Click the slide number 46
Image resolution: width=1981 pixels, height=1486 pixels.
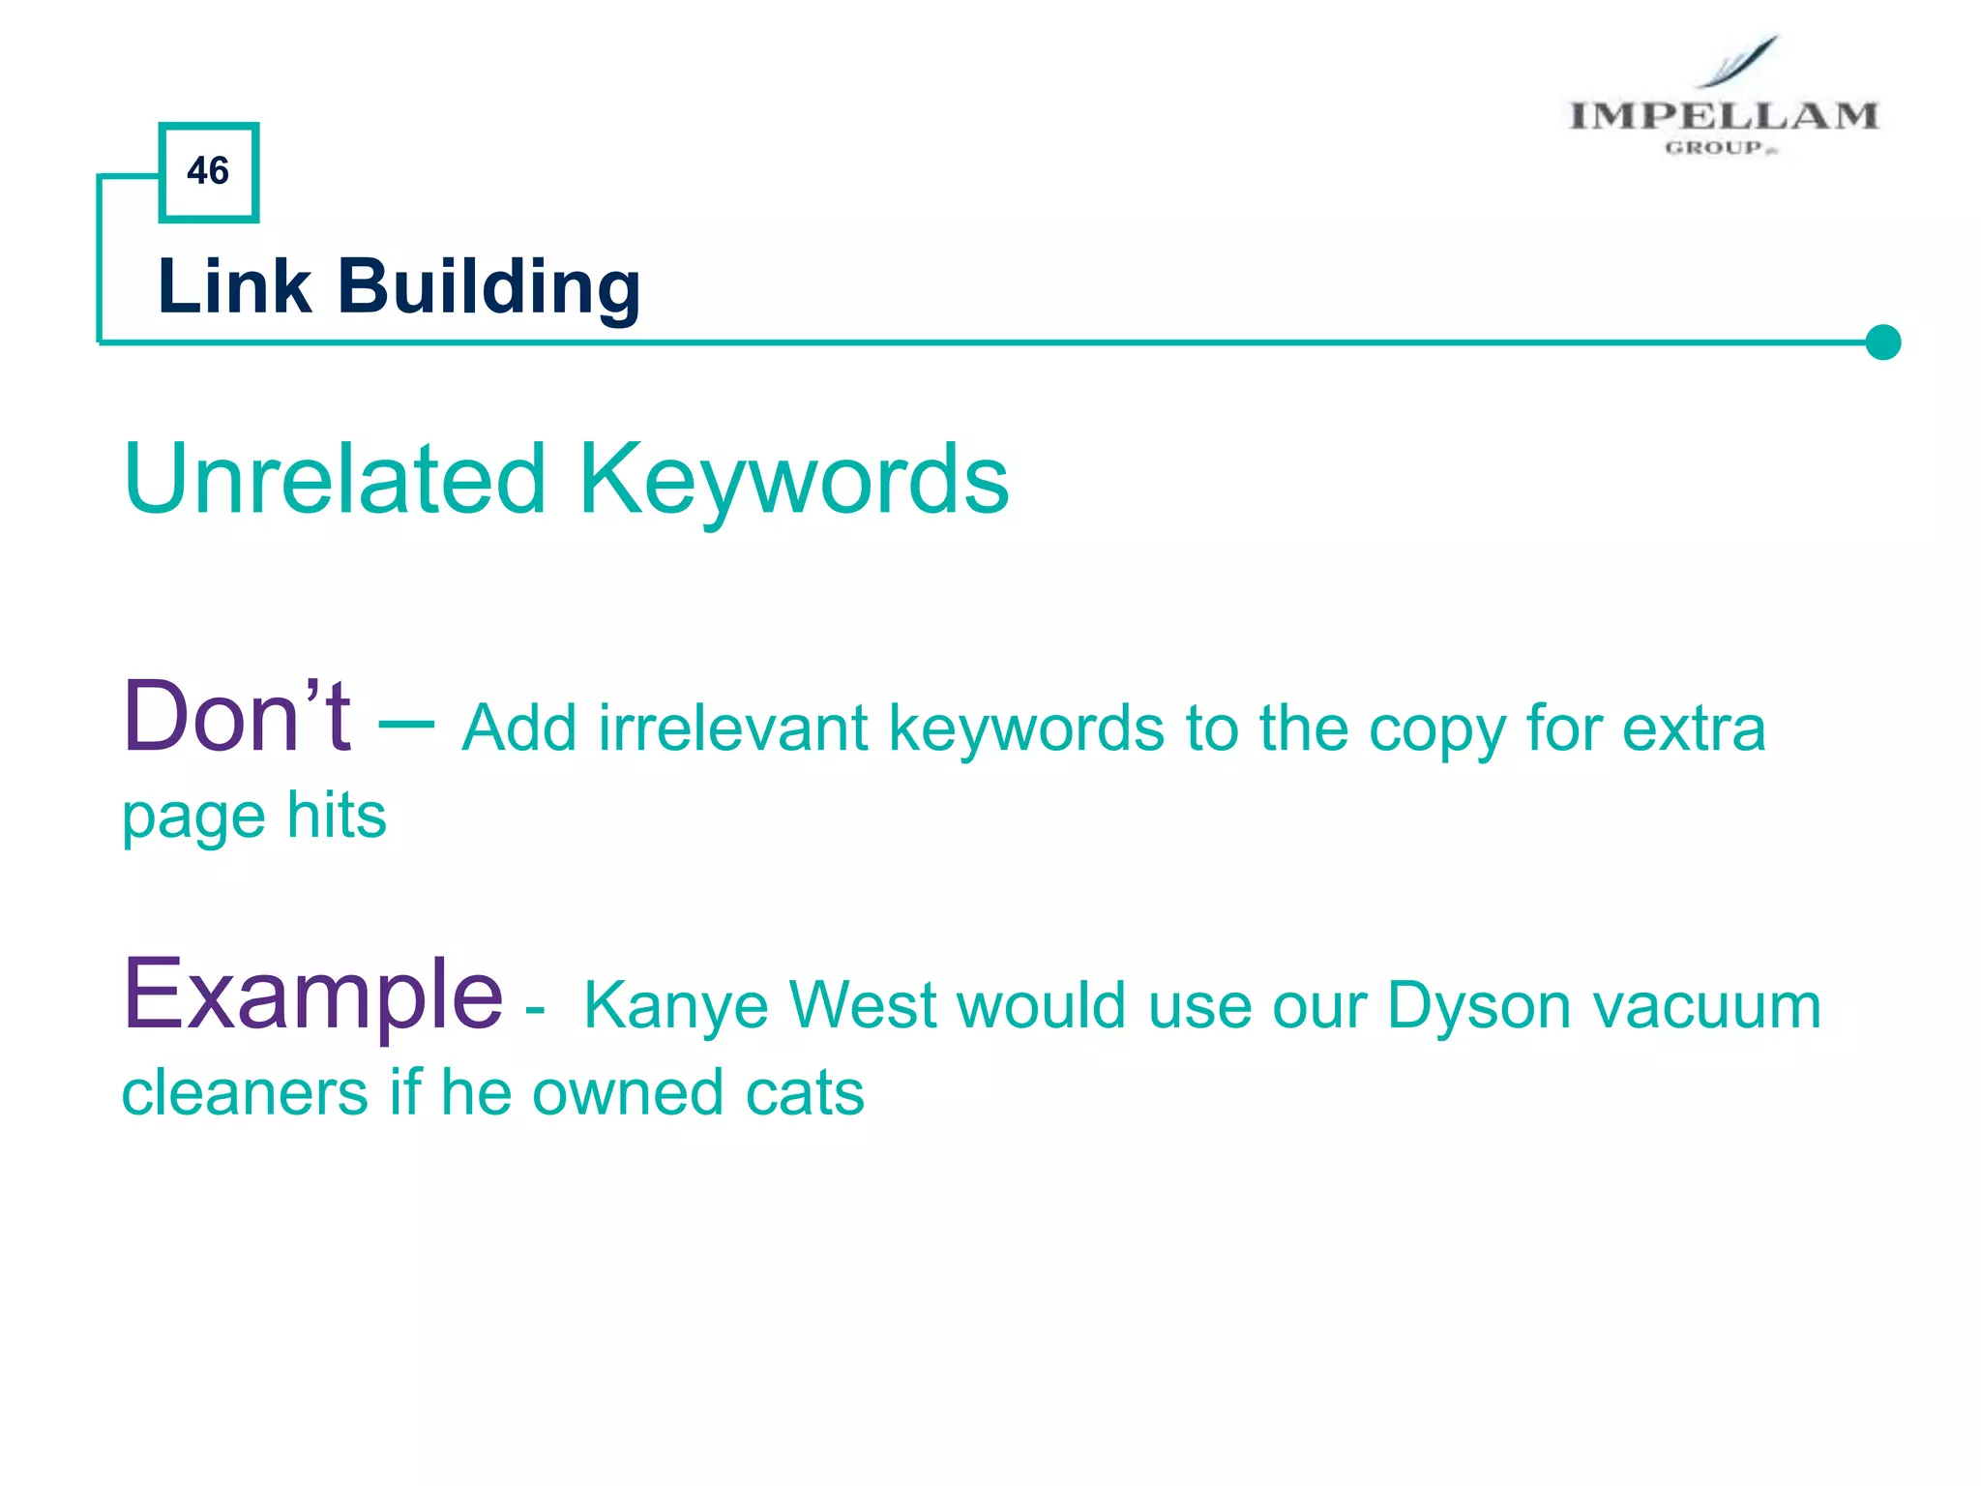pyautogui.click(x=208, y=171)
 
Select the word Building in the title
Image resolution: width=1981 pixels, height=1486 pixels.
pyautogui.click(x=488, y=288)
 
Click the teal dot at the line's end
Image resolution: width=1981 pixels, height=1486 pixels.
pyautogui.click(x=1882, y=342)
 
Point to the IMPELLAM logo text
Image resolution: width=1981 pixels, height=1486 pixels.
pyautogui.click(x=1723, y=116)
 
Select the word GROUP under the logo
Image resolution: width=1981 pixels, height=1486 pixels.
pyautogui.click(x=1714, y=148)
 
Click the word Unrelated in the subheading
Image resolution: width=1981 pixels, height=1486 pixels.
pyautogui.click(x=335, y=479)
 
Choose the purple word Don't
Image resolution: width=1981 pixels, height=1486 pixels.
pyautogui.click(x=236, y=717)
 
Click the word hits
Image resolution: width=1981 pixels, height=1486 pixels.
pyautogui.click(x=337, y=815)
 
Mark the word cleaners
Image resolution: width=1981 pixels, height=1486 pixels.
pyautogui.click(x=244, y=1093)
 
